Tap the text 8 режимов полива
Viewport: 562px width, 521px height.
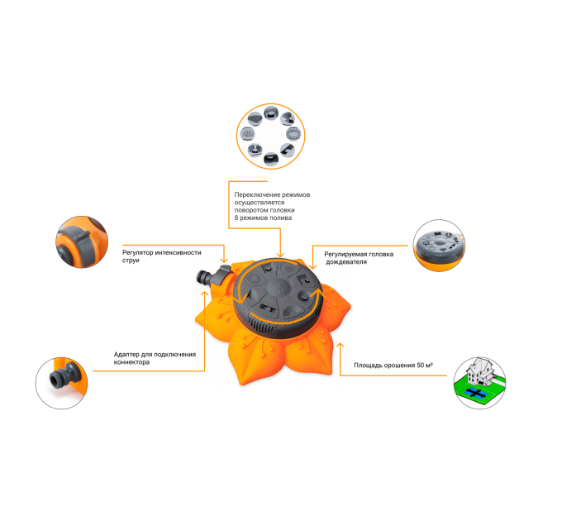[x=263, y=217]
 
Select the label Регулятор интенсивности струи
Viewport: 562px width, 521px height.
[x=162, y=256]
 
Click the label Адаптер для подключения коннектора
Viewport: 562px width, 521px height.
[x=155, y=358]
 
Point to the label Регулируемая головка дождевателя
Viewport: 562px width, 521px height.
[x=359, y=258]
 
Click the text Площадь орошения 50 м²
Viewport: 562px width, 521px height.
[x=393, y=365]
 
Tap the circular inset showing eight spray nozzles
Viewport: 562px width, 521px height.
[x=270, y=136]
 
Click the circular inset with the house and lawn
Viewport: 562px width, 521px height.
[x=479, y=383]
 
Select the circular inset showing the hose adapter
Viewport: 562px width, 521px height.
[x=61, y=383]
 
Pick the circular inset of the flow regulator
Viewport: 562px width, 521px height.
[x=82, y=242]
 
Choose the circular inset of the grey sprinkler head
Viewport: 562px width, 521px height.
[x=439, y=246]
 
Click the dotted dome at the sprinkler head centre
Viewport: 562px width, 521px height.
[x=278, y=286]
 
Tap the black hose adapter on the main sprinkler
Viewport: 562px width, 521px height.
[x=205, y=278]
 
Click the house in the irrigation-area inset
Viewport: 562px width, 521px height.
[x=479, y=371]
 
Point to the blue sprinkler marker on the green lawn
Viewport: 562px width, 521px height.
[x=476, y=393]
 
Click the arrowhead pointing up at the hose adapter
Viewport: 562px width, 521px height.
[x=205, y=294]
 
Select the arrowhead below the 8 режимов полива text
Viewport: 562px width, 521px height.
[x=280, y=255]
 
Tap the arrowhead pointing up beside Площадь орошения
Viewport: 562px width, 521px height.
[x=341, y=346]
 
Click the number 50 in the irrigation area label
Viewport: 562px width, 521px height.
[x=420, y=365]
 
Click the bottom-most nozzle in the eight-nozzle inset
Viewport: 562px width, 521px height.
[x=270, y=159]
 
